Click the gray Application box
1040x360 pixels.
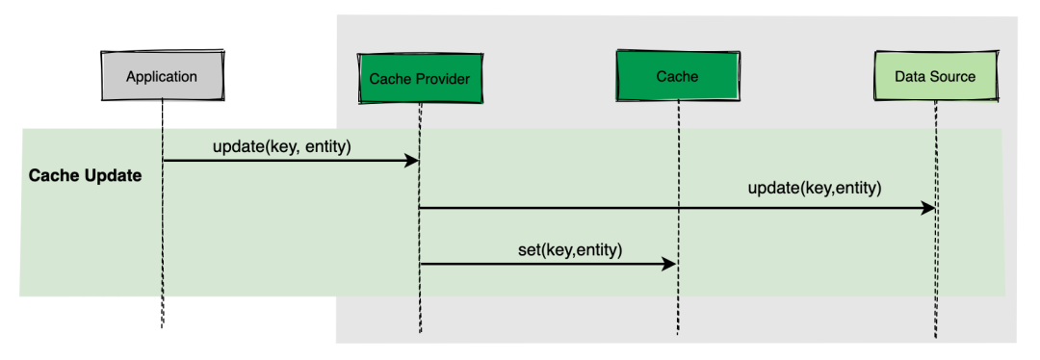coord(163,76)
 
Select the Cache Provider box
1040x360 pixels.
coord(419,78)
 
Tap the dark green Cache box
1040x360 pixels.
coord(677,76)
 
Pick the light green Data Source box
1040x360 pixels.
coord(935,76)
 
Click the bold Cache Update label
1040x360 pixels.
coord(85,176)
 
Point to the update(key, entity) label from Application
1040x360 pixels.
coord(281,147)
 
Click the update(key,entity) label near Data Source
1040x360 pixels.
coord(815,189)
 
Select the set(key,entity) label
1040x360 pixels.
coord(570,250)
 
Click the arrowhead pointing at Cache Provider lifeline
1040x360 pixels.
coord(410,161)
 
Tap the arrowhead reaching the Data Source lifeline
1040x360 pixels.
coord(926,208)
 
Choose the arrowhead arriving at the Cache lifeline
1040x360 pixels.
coord(668,264)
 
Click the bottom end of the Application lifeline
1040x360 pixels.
coord(162,327)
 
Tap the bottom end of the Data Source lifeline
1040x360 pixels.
coord(935,338)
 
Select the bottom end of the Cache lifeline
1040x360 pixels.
coord(677,333)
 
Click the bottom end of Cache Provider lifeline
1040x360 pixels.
coord(420,332)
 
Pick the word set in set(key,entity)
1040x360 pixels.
coord(528,250)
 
